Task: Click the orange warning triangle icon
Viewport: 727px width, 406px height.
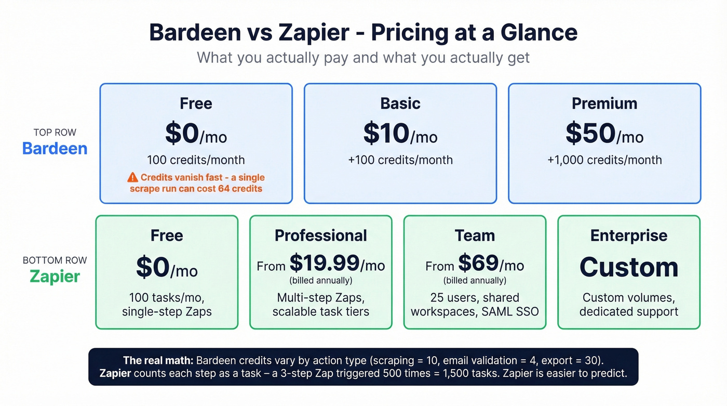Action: pyautogui.click(x=133, y=177)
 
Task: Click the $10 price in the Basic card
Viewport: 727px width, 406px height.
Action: pyautogui.click(x=386, y=134)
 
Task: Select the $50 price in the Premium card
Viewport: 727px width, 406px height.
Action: pyautogui.click(x=590, y=134)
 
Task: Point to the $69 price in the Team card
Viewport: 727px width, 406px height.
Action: pyautogui.click(x=478, y=264)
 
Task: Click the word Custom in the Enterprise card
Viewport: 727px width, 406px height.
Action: pyautogui.click(x=629, y=267)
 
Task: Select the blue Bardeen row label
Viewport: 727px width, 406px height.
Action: pyautogui.click(x=55, y=149)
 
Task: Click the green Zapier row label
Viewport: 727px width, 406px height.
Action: pyautogui.click(x=55, y=276)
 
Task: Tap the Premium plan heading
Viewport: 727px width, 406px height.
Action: pyautogui.click(x=604, y=103)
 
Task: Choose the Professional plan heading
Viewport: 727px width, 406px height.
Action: pyautogui.click(x=321, y=235)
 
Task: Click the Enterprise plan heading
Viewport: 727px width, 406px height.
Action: pyautogui.click(x=629, y=235)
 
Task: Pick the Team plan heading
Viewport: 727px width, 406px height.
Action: pyautogui.click(x=475, y=235)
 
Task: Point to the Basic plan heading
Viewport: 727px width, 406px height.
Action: pyautogui.click(x=400, y=103)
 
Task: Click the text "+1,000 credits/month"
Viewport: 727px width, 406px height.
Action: pyautogui.click(x=604, y=160)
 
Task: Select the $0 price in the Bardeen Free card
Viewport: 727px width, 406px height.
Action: pyautogui.click(x=182, y=134)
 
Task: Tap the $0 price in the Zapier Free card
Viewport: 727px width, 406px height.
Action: pyautogui.click(x=153, y=267)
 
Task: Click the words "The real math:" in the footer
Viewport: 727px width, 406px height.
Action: pyautogui.click(x=158, y=360)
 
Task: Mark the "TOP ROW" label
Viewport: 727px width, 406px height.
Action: pyautogui.click(x=55, y=133)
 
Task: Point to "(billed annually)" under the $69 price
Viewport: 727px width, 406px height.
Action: pyautogui.click(x=475, y=281)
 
